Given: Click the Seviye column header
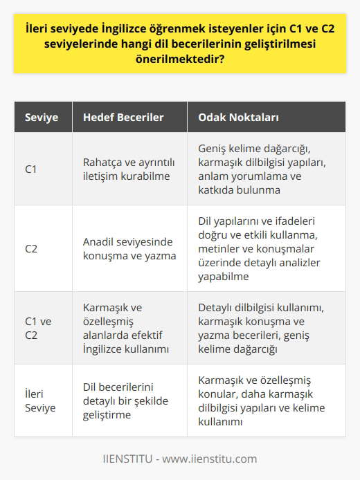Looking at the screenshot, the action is tap(41, 117).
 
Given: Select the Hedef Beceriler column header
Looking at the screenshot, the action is tap(123, 117).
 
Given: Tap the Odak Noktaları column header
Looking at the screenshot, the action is tap(238, 117).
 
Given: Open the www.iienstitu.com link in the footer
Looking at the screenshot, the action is tap(210, 459).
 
